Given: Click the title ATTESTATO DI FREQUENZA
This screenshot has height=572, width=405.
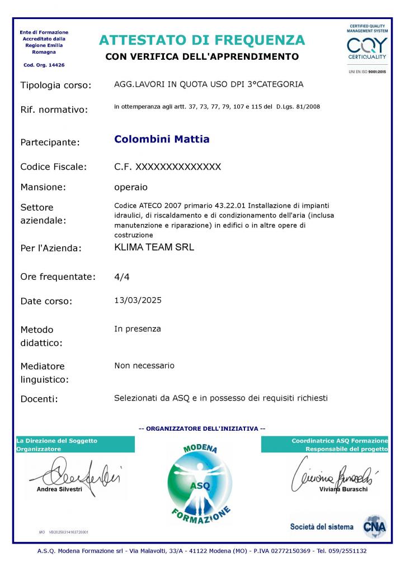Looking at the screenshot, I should (x=202, y=40).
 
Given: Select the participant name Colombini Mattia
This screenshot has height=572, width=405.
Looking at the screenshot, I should (x=162, y=139).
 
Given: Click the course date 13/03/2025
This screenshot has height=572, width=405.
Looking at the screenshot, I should (x=138, y=300).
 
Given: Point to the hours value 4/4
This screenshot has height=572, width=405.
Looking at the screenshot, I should (x=121, y=276).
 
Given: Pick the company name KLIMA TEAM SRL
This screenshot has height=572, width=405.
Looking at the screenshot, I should (x=154, y=247).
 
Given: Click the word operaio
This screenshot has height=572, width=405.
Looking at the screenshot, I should (x=131, y=187).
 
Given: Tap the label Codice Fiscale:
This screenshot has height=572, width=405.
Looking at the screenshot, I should (x=54, y=166).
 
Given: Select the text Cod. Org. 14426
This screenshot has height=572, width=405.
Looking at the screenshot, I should (x=44, y=65).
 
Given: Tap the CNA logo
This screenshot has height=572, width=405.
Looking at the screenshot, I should (x=374, y=526).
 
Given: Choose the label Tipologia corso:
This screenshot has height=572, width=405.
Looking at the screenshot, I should (x=55, y=85).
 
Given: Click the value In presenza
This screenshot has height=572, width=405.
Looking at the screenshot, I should (x=138, y=329).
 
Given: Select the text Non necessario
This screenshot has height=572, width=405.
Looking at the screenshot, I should (x=144, y=365).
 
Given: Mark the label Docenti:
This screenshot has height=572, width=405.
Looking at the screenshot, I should (x=39, y=399).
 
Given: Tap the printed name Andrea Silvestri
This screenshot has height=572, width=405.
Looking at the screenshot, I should (x=59, y=489).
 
